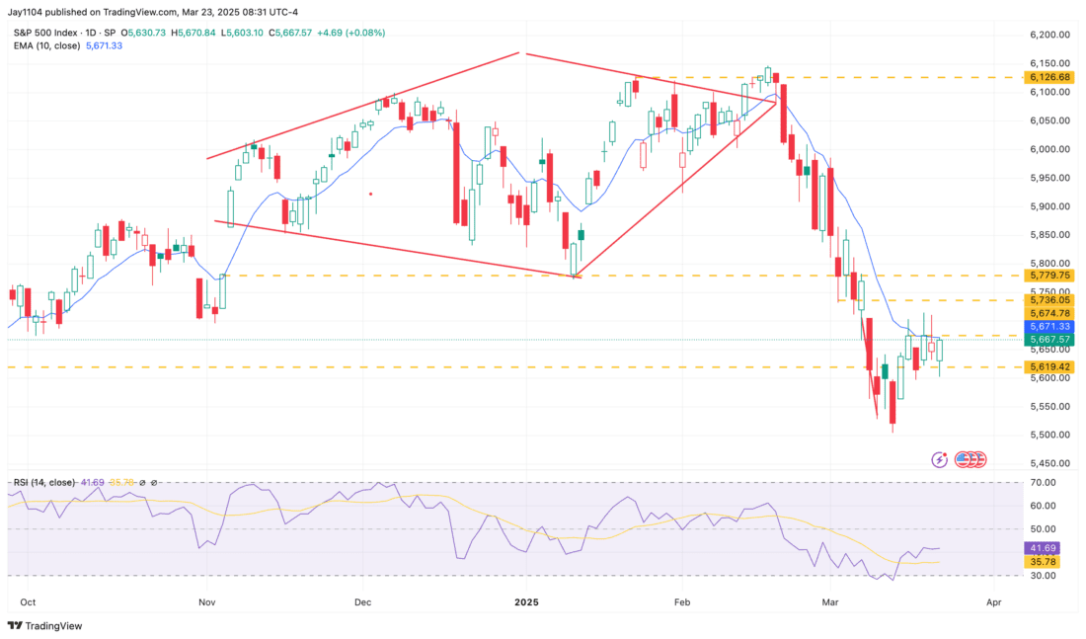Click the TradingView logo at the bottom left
pyautogui.click(x=46, y=625)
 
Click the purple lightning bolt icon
pyautogui.click(x=939, y=459)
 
